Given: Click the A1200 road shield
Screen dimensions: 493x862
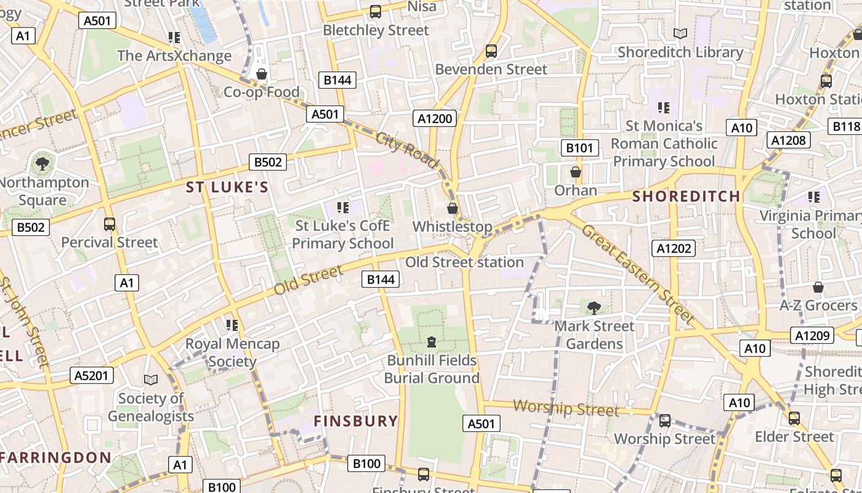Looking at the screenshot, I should [435, 118].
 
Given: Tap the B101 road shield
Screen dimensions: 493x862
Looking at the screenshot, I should [579, 148].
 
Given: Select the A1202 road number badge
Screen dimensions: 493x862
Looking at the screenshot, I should [674, 248].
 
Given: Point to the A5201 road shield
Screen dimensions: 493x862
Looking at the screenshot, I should [91, 375].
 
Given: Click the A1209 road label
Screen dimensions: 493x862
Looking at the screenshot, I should [812, 336].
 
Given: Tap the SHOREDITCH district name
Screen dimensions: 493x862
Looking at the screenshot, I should [687, 197].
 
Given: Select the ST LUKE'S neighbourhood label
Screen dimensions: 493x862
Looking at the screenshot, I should [227, 187].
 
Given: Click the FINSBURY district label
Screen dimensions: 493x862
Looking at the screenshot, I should [356, 421].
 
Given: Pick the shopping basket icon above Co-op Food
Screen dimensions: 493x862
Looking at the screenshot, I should [262, 75].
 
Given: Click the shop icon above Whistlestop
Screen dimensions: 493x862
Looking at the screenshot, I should [453, 208].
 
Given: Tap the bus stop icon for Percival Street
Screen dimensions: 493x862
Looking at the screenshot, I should [110, 224].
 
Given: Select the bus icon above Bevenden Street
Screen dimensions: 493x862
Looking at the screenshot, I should [491, 51].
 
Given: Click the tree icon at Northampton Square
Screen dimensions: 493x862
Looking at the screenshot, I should [42, 164].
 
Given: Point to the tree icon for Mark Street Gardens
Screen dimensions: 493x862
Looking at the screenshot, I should [594, 308].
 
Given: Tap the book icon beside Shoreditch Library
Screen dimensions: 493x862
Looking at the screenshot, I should [680, 34].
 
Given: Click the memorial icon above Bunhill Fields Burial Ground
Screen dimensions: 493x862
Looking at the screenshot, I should [432, 341].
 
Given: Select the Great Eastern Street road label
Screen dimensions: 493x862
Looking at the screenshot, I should [637, 274].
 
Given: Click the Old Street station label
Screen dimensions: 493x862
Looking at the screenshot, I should [464, 262].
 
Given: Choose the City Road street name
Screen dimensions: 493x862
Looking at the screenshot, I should [407, 150].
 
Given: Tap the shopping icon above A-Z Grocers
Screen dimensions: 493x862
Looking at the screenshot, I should [818, 287].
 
